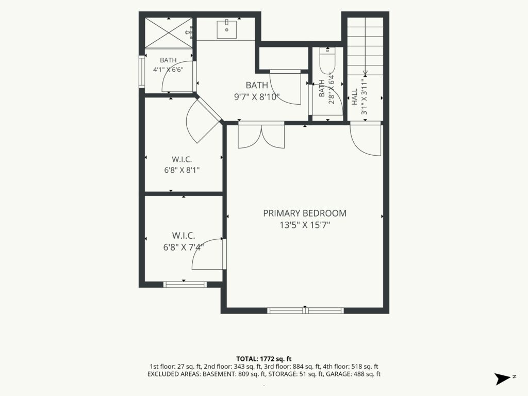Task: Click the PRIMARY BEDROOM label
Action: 305,213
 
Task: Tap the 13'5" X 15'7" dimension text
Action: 305,225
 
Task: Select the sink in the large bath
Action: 227,29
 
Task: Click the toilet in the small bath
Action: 327,60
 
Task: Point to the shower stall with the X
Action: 169,32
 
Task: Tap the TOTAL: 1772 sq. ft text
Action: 263,359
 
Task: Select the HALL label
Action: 355,97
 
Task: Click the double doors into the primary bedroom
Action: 261,136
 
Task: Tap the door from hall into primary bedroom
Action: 366,140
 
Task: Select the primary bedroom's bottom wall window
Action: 305,310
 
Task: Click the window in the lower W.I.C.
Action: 185,285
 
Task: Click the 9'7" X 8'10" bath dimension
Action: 257,97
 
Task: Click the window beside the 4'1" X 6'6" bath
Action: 142,71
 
